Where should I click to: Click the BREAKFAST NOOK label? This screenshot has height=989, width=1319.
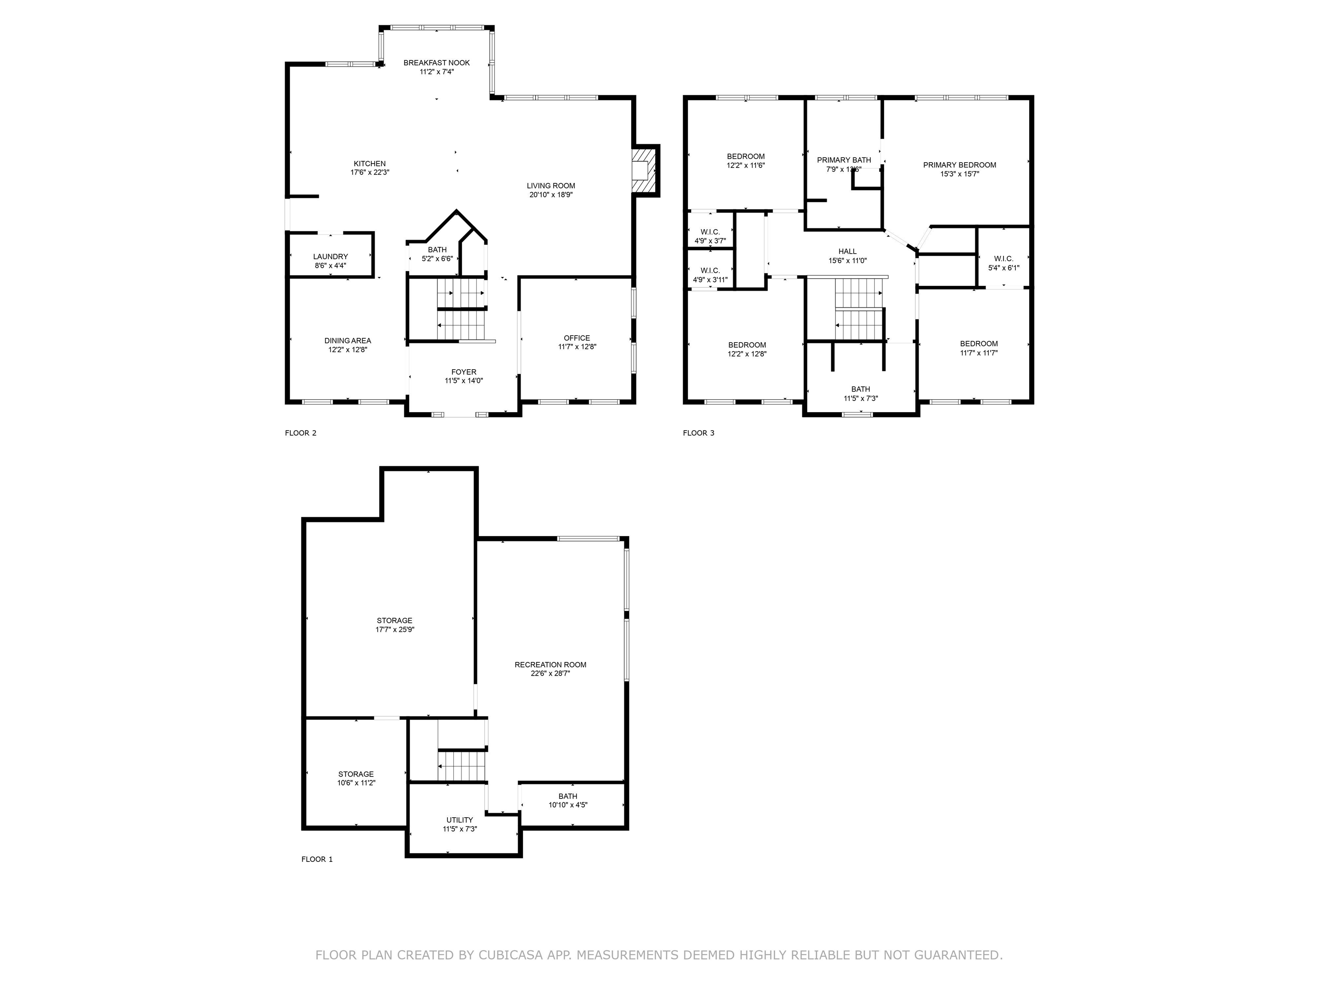pos(437,63)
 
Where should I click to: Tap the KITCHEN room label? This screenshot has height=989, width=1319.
pos(370,164)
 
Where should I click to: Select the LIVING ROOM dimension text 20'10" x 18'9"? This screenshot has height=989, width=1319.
pos(551,194)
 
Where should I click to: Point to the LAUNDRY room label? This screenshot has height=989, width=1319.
pos(330,256)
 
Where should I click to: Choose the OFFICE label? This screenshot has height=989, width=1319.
pos(577,338)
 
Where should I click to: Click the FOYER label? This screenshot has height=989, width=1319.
pos(464,372)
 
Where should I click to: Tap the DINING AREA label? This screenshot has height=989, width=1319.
pos(348,341)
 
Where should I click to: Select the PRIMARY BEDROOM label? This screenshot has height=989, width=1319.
pos(960,165)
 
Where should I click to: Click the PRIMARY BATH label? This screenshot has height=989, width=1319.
pos(844,160)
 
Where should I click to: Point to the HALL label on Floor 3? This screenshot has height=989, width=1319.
pos(847,252)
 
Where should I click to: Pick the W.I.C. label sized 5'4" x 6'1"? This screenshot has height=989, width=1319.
pos(1003,259)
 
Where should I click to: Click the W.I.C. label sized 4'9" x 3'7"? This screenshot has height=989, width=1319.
pos(710,232)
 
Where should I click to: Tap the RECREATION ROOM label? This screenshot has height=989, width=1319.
pos(550,664)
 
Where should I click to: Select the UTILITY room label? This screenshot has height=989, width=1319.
pos(460,820)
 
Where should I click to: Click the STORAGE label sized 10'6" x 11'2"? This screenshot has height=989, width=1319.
pos(356,774)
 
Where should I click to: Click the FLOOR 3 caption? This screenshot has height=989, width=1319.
pos(698,433)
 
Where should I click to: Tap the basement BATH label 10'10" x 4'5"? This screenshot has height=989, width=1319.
pos(568,796)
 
